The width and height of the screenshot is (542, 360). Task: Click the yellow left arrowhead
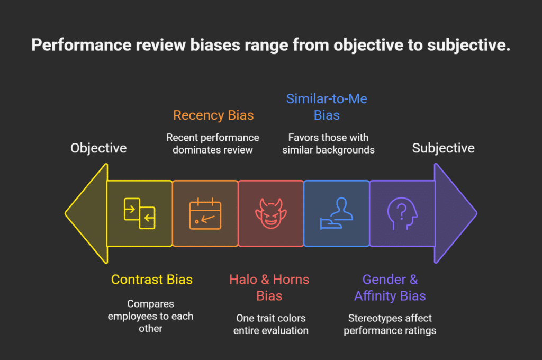[87, 213]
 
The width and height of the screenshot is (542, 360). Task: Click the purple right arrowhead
[454, 213]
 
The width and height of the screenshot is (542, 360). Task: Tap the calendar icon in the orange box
[205, 213]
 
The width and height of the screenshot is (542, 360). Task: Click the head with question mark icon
[402, 214]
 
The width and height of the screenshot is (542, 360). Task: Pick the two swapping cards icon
[139, 213]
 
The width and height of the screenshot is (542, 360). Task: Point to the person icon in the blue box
[336, 213]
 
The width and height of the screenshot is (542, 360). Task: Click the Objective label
[98, 148]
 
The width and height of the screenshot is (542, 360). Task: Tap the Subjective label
[443, 148]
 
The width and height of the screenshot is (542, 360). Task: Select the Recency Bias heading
[213, 115]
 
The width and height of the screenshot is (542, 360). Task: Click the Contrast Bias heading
[151, 279]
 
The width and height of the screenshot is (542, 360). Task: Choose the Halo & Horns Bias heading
[269, 287]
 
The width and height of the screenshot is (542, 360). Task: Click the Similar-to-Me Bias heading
[327, 107]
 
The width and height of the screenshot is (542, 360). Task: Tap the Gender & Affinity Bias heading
[390, 287]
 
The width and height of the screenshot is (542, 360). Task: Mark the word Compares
[150, 304]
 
